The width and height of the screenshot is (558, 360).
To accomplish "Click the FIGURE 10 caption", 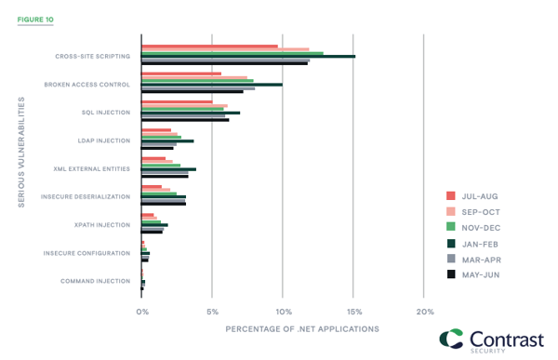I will [x=35, y=18].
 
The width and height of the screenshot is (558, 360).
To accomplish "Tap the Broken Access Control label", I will [x=88, y=85].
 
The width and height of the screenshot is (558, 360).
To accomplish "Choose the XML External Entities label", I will [x=93, y=168].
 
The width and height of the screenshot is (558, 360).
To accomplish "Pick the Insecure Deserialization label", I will [x=86, y=196].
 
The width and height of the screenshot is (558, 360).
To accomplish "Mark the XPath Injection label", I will [x=102, y=224].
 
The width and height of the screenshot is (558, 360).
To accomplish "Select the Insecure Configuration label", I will [x=87, y=253].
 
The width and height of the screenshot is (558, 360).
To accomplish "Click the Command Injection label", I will [x=96, y=281].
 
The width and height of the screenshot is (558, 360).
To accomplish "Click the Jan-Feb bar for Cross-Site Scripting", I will [x=247, y=56].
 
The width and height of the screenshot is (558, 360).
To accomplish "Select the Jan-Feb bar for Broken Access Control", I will [x=211, y=85].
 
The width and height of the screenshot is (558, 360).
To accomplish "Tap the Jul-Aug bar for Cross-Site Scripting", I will [x=209, y=46].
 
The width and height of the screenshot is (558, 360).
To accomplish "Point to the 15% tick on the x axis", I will [x=353, y=312].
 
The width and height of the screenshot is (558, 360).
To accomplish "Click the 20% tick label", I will [x=424, y=312].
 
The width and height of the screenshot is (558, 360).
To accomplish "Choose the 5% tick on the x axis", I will [x=212, y=312].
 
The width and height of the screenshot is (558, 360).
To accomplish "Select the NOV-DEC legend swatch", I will [x=451, y=226].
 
